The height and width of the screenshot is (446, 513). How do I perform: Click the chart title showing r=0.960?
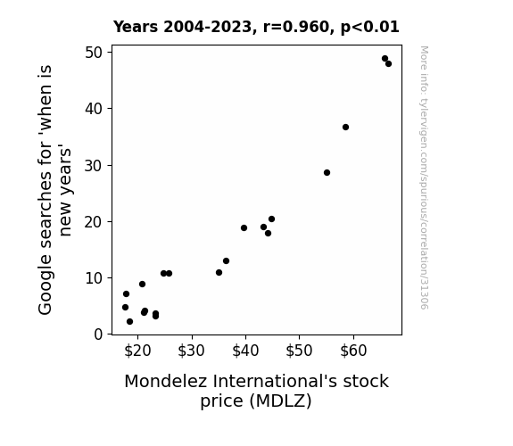[x=256, y=27]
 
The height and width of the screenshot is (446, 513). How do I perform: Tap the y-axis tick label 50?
[x=94, y=53]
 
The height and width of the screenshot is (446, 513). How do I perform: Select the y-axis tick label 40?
[x=94, y=109]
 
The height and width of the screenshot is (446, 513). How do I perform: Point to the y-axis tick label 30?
[x=94, y=166]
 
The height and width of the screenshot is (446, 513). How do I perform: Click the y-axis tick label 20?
[x=94, y=222]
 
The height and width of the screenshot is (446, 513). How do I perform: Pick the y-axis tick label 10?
[x=94, y=278]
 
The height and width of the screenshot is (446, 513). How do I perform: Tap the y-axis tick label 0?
[x=98, y=334]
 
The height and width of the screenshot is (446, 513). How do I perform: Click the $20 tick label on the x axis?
[x=137, y=351]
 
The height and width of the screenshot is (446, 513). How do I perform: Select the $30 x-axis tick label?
[x=192, y=351]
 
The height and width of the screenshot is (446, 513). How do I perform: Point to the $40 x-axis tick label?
[x=245, y=351]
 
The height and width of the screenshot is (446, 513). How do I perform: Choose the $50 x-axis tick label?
[x=299, y=351]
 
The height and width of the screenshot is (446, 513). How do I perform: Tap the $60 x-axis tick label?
[x=353, y=351]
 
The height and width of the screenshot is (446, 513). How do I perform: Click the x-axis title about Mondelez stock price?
[x=256, y=391]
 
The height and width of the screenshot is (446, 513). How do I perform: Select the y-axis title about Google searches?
[x=54, y=190]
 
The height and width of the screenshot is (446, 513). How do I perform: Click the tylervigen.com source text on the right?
[x=424, y=178]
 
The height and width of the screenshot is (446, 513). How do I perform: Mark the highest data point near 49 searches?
[x=385, y=59]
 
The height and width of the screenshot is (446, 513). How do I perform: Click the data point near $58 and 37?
[x=345, y=127]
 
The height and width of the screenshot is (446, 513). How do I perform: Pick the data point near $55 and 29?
[x=327, y=172]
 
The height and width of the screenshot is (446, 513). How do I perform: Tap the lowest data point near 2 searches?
[x=129, y=322]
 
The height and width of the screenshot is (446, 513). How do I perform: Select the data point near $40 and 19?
[x=244, y=227]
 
